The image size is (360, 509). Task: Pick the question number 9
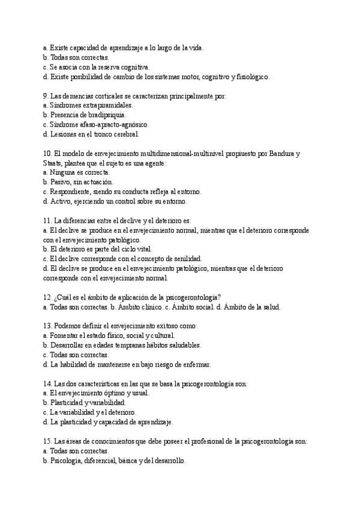tap(46, 95)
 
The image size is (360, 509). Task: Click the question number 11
tap(47, 220)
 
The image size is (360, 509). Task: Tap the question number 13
tap(47, 326)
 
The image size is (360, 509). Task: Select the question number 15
tap(47, 441)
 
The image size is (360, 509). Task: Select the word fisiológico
tap(251, 76)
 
